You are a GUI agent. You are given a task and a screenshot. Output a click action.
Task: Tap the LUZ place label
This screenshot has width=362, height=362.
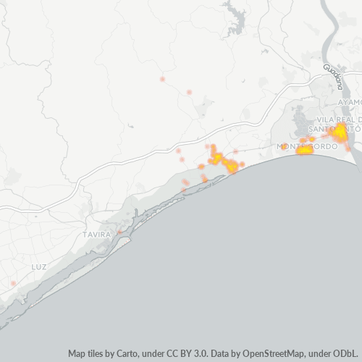point(39,267)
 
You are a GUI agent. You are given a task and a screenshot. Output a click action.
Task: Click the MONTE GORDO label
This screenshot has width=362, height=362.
point(304,146)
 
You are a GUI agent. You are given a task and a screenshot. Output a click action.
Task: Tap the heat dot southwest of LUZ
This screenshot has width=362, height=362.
point(13,283)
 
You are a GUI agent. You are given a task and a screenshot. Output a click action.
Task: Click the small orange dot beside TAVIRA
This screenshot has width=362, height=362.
point(119,232)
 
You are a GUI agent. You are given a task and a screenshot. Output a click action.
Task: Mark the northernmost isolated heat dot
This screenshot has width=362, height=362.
point(162,78)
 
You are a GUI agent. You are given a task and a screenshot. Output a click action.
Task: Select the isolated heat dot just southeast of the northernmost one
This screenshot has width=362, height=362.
point(189,92)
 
